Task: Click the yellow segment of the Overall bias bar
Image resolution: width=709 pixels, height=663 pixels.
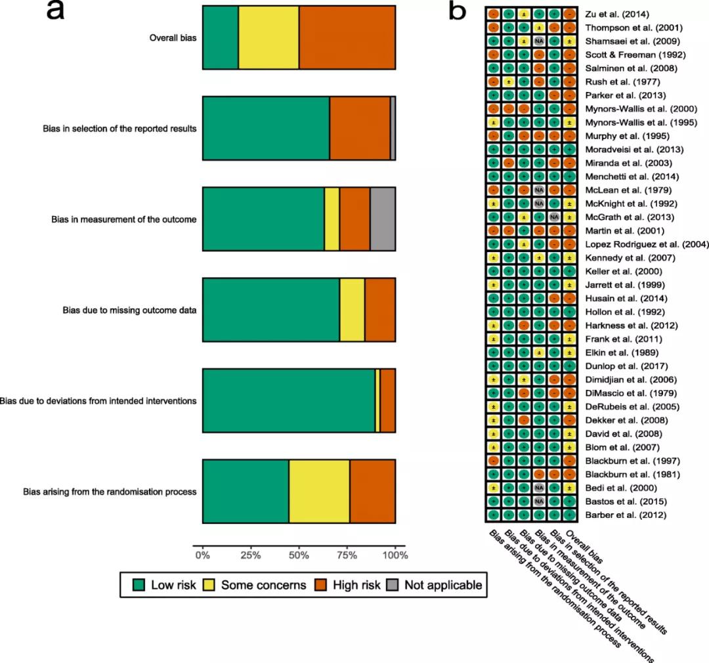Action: coord(269,37)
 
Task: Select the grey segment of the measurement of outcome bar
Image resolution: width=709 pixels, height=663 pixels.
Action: coord(383,219)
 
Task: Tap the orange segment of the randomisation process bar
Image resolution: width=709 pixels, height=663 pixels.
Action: coord(372,491)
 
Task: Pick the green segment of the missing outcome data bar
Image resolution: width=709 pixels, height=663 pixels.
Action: coord(270,310)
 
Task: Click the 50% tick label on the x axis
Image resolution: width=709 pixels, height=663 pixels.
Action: coord(299,555)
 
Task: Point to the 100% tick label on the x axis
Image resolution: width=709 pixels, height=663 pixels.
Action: coord(395,555)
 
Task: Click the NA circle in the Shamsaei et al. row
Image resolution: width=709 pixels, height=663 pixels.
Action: coord(539,41)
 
